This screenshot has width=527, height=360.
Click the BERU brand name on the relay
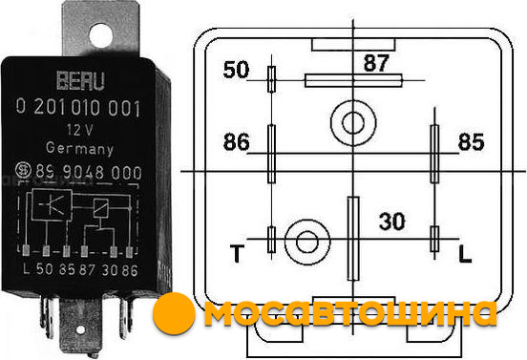(80, 80)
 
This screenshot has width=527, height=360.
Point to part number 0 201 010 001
(78, 108)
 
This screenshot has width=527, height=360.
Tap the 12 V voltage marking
(79, 130)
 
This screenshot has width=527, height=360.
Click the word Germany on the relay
(79, 148)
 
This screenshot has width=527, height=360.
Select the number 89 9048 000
(89, 172)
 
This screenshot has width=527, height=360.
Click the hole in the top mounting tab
(100, 35)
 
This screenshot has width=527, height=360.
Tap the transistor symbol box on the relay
(52, 204)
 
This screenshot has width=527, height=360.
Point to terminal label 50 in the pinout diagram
(236, 70)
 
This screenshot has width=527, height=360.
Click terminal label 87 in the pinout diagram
(376, 63)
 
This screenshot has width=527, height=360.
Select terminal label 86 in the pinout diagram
(237, 141)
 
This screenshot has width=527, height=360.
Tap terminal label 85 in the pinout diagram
(471, 142)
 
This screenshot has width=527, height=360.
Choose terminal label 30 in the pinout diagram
(391, 222)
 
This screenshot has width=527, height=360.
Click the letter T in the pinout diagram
(237, 253)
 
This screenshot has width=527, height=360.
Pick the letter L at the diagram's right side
(465, 254)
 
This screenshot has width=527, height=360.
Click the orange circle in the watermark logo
(174, 313)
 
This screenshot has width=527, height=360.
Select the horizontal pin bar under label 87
(353, 80)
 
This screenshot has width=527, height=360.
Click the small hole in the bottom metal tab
(80, 329)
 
